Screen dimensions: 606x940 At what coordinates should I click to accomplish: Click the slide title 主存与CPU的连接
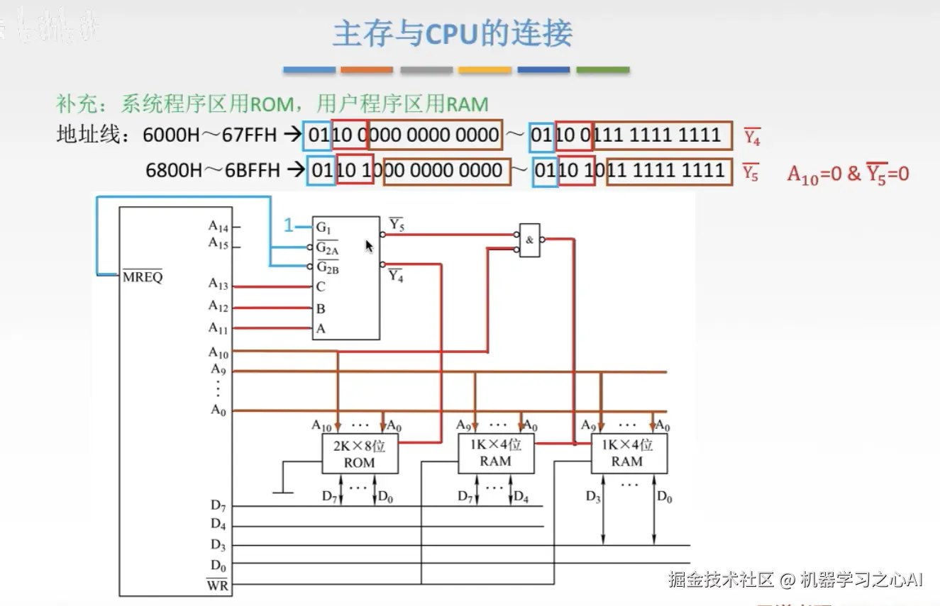point(452,34)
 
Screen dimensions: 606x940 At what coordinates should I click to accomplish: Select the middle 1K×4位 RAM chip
point(495,453)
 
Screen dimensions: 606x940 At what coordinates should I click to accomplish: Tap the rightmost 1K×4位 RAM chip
point(628,454)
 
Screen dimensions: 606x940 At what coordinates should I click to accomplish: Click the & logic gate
point(529,240)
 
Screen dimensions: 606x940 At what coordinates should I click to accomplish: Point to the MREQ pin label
point(143,276)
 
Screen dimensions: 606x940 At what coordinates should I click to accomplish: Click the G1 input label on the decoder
point(324,228)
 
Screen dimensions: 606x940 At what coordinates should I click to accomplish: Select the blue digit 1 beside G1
point(288,226)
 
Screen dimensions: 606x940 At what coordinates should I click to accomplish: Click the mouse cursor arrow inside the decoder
point(370,246)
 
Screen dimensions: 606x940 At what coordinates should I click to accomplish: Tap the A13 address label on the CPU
point(218,284)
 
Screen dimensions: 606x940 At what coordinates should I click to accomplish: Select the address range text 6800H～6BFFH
point(213,171)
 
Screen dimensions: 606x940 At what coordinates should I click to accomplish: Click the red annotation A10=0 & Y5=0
point(848,174)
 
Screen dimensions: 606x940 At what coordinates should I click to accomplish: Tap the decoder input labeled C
point(321,287)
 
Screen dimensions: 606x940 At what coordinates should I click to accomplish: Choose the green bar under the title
point(602,70)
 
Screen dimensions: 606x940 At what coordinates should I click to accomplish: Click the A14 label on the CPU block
point(218,226)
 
